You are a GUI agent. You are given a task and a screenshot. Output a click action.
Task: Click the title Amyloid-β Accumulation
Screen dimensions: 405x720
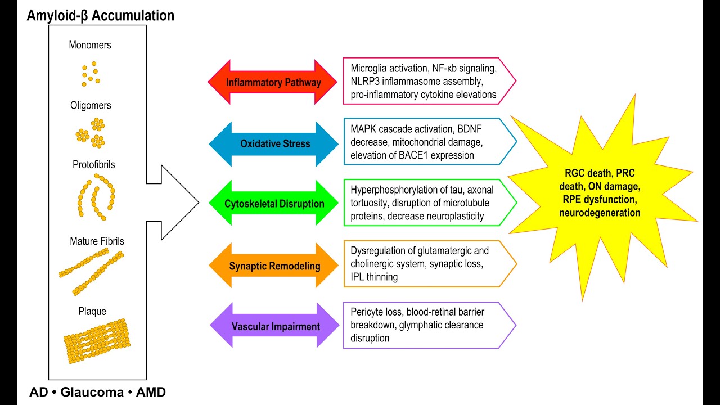[100, 15]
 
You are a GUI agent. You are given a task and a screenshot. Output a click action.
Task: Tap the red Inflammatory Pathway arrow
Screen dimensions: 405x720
[273, 82]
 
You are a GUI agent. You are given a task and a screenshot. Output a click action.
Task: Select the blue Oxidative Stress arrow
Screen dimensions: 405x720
[275, 143]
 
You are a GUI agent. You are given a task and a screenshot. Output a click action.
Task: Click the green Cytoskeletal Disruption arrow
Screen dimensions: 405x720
[274, 204]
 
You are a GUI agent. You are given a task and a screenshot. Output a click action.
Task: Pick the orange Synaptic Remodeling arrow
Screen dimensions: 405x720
[274, 265]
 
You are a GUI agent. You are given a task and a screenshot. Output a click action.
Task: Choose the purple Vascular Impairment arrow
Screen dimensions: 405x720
[275, 326]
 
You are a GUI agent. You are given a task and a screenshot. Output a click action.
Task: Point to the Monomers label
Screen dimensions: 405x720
[90, 45]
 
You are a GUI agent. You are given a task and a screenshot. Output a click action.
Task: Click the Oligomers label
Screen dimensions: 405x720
[90, 105]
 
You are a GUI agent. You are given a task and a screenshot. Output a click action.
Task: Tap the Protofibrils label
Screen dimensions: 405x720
[93, 165]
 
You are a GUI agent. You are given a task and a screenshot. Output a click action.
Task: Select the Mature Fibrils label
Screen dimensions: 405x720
[97, 241]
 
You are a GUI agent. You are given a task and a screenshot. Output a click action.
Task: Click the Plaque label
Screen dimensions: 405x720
[93, 311]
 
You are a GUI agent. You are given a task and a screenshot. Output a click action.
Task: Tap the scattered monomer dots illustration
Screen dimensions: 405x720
[90, 74]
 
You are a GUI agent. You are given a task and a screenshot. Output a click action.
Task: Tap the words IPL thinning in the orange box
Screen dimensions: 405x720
[374, 277]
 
